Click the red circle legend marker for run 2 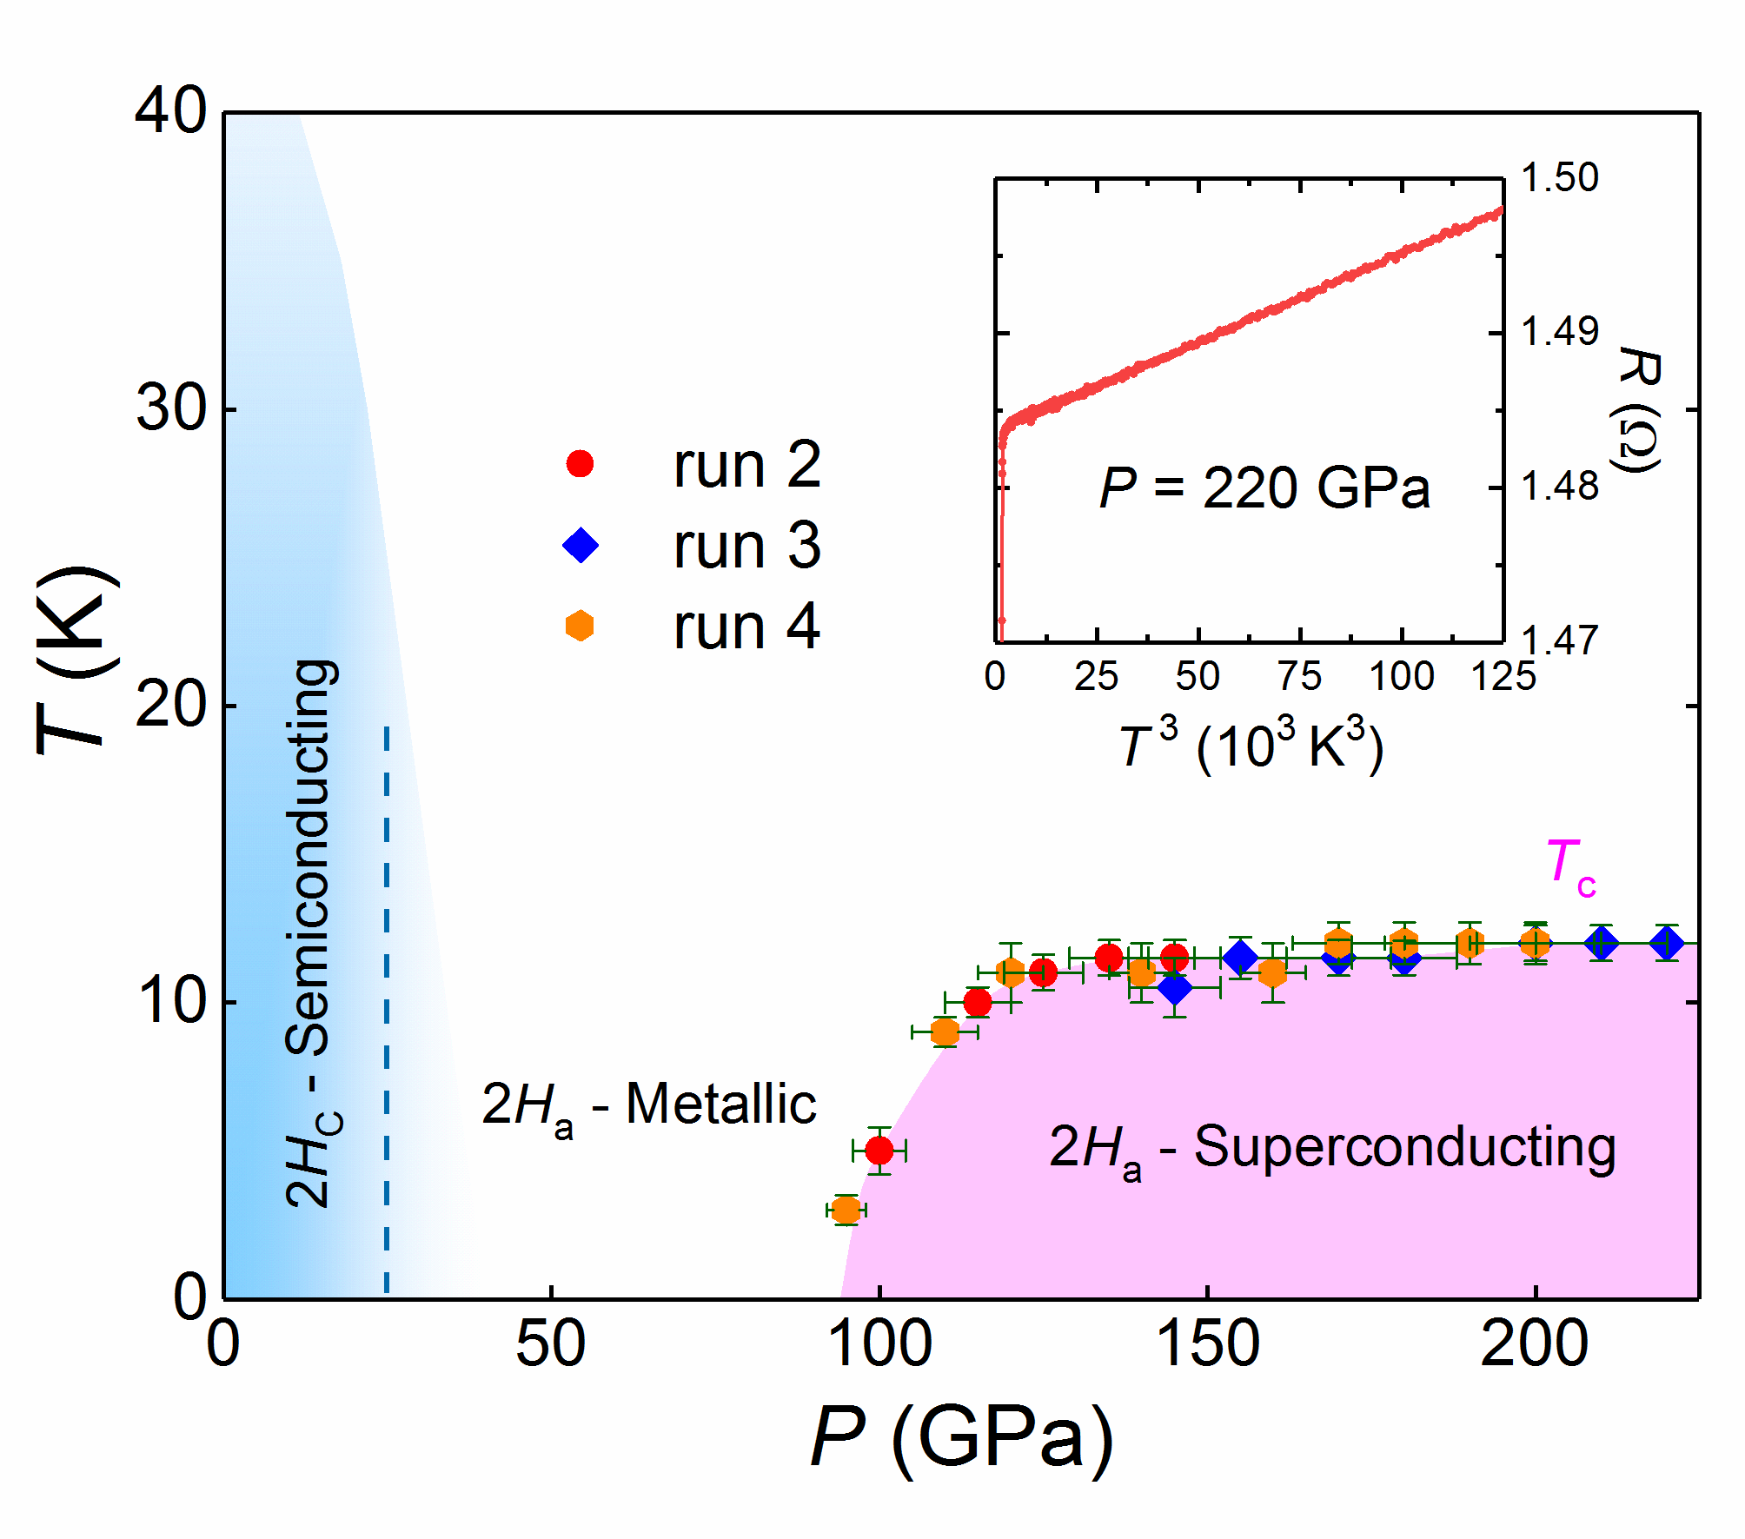[x=580, y=464]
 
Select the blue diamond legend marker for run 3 [x=581, y=546]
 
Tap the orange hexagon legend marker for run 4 [x=580, y=626]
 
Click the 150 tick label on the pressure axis [x=1207, y=1344]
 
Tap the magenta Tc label [x=1570, y=866]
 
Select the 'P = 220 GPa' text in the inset [x=1264, y=488]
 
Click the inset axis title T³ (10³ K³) [x=1251, y=746]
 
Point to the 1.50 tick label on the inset [x=1560, y=178]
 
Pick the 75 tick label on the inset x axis [x=1299, y=677]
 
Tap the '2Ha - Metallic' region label [x=648, y=1106]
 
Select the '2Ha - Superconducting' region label [x=1332, y=1148]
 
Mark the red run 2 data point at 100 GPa [x=879, y=1151]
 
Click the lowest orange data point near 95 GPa [x=846, y=1210]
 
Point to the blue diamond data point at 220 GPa [x=1667, y=943]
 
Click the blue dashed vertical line [x=387, y=1008]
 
